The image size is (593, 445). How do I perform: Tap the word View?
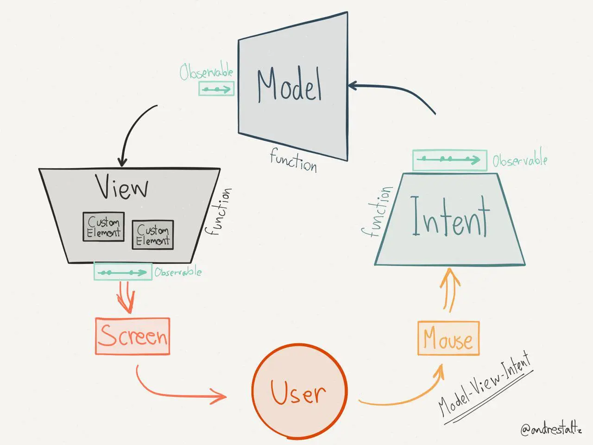(122, 186)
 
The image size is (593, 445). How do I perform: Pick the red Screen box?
(132, 336)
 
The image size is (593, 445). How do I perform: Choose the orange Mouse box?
(448, 338)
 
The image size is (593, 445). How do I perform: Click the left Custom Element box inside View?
(104, 227)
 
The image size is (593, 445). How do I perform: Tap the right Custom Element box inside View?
(153, 235)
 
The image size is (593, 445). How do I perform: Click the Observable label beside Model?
(206, 72)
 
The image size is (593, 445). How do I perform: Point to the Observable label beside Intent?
(519, 160)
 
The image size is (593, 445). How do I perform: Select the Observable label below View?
(178, 272)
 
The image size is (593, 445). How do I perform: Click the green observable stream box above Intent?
(449, 160)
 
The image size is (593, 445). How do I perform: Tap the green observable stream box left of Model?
(216, 89)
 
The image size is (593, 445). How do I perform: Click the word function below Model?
(294, 160)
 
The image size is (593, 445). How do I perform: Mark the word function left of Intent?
(376, 212)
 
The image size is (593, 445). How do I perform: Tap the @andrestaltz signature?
(550, 429)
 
